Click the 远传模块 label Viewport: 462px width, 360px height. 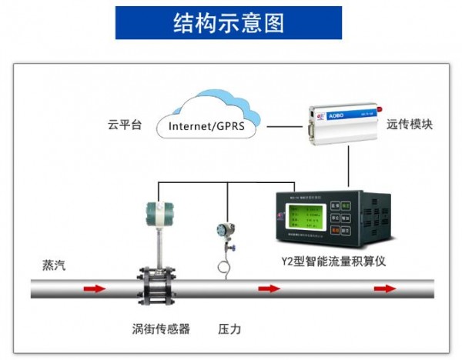click(409, 123)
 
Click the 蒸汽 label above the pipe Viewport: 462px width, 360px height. click(54, 265)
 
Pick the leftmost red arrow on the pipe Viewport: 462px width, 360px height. click(94, 289)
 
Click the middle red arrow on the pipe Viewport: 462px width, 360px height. click(269, 289)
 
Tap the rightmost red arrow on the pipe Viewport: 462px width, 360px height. click(384, 289)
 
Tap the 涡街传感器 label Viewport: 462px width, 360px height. click(161, 329)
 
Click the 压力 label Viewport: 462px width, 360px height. click(229, 329)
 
